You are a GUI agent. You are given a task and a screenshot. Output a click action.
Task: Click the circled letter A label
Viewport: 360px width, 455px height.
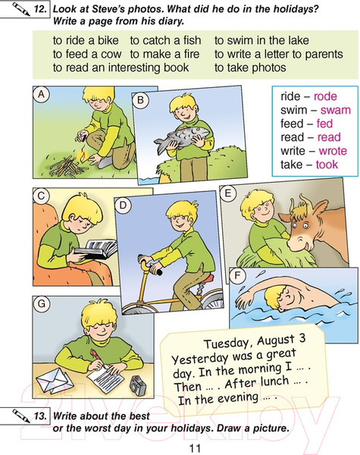[x=42, y=94]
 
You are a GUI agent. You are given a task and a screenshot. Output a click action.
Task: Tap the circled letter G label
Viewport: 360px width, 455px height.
[x=42, y=304]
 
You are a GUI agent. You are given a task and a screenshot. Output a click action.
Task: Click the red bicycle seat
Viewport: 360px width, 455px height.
[x=207, y=280]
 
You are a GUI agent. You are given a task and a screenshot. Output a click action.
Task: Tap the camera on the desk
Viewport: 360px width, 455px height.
[x=137, y=385]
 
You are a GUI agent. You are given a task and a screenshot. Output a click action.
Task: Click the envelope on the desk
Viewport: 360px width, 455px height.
[x=55, y=380]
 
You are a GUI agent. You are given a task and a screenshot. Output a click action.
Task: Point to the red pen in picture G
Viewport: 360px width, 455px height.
[x=99, y=359]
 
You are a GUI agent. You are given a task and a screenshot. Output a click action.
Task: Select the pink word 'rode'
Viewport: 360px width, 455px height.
[x=325, y=96]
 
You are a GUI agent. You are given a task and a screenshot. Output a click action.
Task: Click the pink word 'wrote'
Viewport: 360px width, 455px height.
[x=333, y=151]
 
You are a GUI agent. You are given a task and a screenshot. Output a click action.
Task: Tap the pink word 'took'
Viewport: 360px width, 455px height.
[x=327, y=165]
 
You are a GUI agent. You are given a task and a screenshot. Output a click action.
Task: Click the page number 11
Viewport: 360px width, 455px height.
[x=195, y=448]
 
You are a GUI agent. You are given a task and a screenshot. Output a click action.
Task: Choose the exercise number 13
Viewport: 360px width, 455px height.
[x=40, y=416]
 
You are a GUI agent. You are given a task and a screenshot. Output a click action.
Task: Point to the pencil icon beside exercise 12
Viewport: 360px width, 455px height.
[x=21, y=8]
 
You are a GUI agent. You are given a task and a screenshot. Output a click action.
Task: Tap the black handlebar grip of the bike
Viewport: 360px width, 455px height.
[x=158, y=272]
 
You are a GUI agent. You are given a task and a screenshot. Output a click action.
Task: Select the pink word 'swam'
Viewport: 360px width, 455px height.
[x=336, y=110]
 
